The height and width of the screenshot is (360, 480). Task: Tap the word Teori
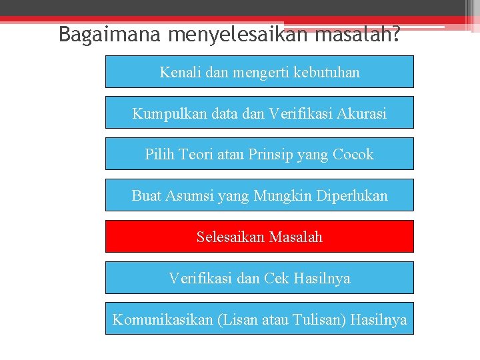[195, 155]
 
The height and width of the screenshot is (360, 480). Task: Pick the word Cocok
[353, 155]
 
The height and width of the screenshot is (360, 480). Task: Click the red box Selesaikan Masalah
[259, 237]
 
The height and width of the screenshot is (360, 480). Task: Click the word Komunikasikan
[163, 319]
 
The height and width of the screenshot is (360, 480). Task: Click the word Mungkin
[277, 196]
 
